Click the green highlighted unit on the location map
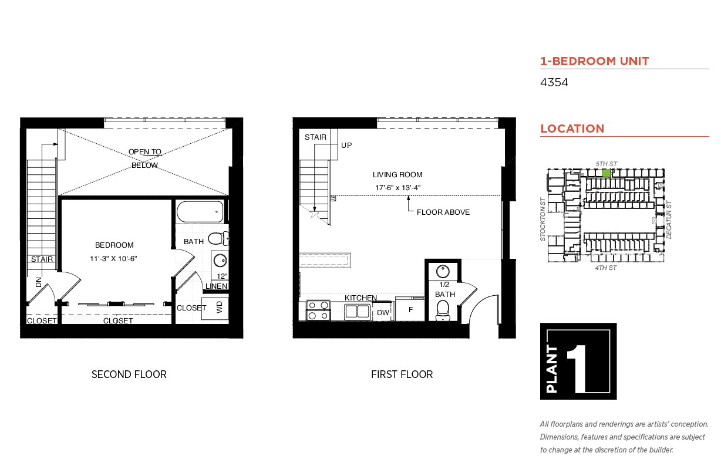click(x=607, y=173)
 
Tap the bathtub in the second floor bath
click(x=200, y=211)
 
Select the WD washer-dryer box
click(x=215, y=308)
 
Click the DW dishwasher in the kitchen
click(x=383, y=312)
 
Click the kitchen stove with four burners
click(x=318, y=310)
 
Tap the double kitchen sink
click(x=357, y=312)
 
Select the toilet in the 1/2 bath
click(x=443, y=310)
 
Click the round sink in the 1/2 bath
click(x=443, y=271)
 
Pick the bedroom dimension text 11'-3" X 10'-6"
click(x=113, y=258)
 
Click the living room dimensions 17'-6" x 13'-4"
click(x=397, y=188)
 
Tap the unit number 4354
click(x=554, y=82)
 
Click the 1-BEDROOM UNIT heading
click(x=595, y=61)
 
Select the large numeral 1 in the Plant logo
click(x=578, y=369)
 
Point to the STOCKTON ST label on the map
click(x=543, y=220)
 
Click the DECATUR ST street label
click(x=669, y=220)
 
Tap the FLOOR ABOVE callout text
click(x=443, y=212)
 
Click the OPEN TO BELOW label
click(x=145, y=158)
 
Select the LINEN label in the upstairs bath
click(x=216, y=286)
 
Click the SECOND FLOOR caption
click(x=129, y=374)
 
